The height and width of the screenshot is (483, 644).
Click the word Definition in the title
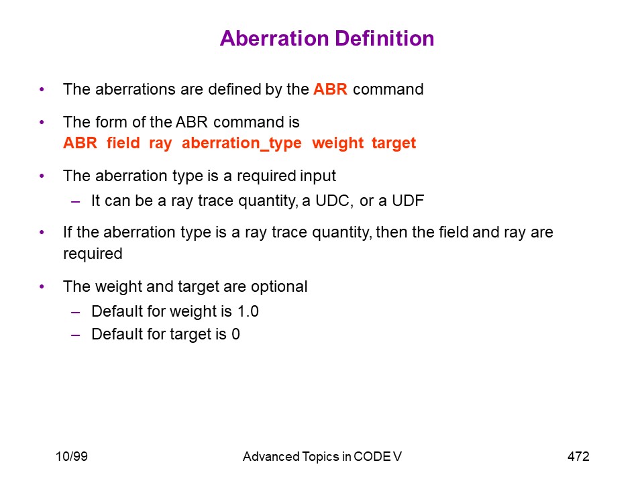click(384, 39)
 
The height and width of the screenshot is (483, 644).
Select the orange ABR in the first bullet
click(330, 89)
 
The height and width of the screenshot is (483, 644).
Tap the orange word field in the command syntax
click(123, 143)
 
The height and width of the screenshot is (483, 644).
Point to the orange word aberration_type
click(241, 144)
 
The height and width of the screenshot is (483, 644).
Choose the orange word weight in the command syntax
click(337, 144)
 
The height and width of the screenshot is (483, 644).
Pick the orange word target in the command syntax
click(394, 144)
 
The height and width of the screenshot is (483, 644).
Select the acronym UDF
click(408, 201)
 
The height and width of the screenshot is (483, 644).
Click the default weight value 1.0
click(248, 311)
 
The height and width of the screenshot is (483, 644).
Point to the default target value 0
click(235, 334)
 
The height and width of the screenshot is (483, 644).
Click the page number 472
click(578, 456)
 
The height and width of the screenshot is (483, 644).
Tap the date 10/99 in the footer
click(72, 456)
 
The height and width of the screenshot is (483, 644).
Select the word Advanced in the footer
click(270, 456)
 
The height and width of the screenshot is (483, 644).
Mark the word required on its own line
click(93, 254)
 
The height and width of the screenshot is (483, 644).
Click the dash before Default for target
click(75, 335)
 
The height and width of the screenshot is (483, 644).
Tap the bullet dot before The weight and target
click(42, 286)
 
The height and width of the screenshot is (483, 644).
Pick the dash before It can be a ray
click(75, 201)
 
